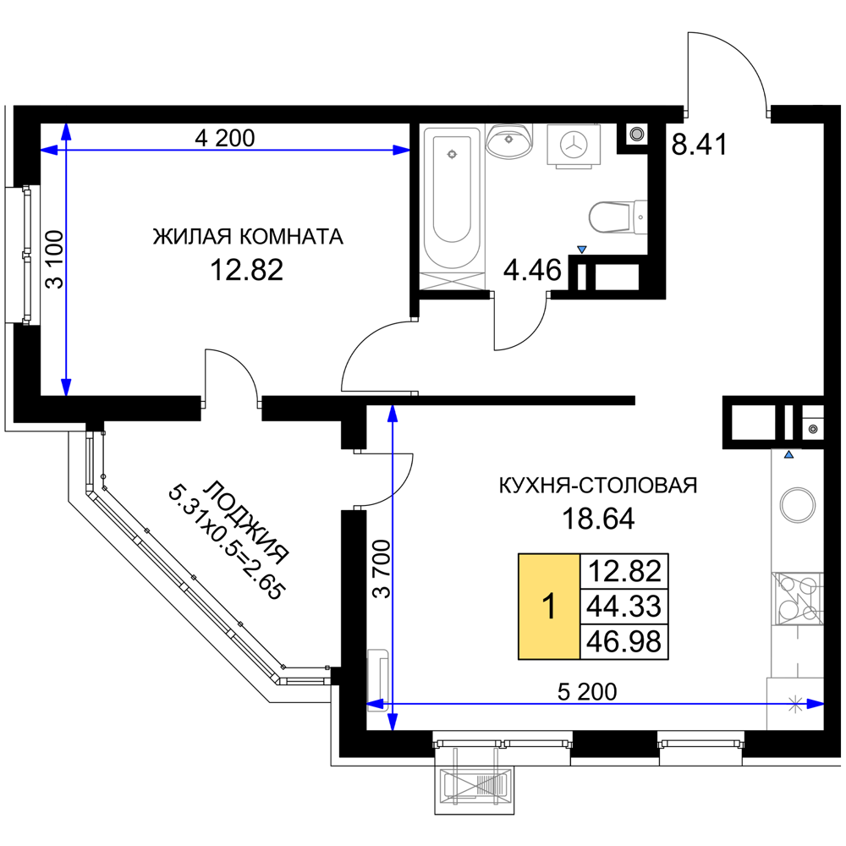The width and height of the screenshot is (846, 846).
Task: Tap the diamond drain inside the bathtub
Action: coord(451,154)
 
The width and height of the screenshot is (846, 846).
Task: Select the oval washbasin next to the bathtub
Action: coord(509,141)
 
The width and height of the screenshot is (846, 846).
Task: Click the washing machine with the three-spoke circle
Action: coord(574,145)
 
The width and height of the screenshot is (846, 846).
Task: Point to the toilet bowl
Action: coord(613,217)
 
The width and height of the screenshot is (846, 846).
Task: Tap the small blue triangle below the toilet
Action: coord(582,250)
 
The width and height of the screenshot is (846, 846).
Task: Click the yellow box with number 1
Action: coord(549,607)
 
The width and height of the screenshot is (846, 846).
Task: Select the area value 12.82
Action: coord(624,571)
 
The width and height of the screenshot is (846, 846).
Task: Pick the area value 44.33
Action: coord(624,607)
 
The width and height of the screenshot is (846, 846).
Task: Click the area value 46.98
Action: coord(624,642)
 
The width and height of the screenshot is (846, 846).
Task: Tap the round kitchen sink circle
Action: coord(797,506)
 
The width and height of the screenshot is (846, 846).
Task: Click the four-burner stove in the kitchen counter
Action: coord(797,597)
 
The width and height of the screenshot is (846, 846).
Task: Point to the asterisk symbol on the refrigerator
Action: coord(795,703)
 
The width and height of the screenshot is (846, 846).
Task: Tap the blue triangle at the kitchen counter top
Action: coord(789,455)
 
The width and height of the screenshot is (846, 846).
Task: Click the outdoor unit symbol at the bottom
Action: coord(475,784)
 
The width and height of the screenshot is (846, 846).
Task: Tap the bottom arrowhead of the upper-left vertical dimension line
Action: coord(66,387)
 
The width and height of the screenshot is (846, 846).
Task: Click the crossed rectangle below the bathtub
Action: coord(453,280)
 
